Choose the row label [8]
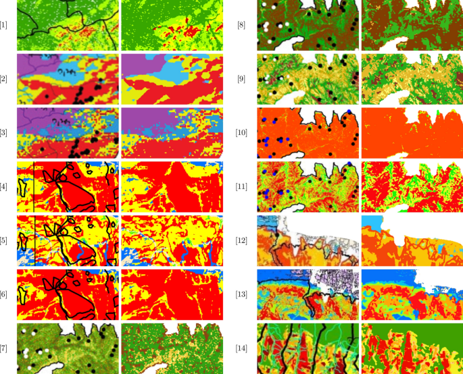(241, 26)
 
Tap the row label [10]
(241, 132)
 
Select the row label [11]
(241, 186)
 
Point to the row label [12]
(241, 239)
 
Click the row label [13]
(241, 293)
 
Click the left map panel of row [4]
(67, 186)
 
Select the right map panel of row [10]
(412, 132)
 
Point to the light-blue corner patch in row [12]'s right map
(370, 221)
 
